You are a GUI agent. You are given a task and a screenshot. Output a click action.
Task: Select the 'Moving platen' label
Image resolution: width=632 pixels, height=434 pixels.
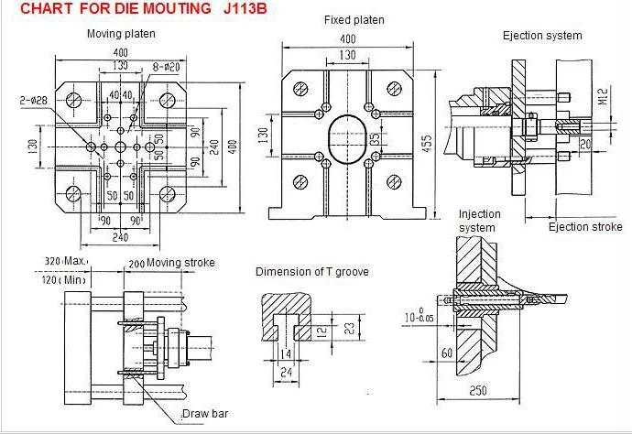click(121, 34)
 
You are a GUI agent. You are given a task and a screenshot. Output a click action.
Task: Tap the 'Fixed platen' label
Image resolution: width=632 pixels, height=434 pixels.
click(354, 20)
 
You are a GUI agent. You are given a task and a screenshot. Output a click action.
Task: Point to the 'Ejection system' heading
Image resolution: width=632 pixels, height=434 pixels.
click(542, 36)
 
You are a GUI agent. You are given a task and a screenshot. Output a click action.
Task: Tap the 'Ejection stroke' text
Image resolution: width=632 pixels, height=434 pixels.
click(584, 227)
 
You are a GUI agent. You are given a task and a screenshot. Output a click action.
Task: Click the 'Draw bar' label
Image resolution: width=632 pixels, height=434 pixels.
click(205, 415)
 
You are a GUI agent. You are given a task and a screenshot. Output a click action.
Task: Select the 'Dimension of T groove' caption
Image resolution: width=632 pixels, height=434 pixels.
click(311, 272)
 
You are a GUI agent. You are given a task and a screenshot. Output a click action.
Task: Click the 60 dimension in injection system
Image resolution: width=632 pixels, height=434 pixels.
click(448, 352)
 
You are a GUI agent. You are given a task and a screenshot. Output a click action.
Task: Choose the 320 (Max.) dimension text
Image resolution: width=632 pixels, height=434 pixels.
click(67, 261)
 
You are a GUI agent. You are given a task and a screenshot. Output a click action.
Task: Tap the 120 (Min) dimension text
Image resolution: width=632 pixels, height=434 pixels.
click(67, 277)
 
